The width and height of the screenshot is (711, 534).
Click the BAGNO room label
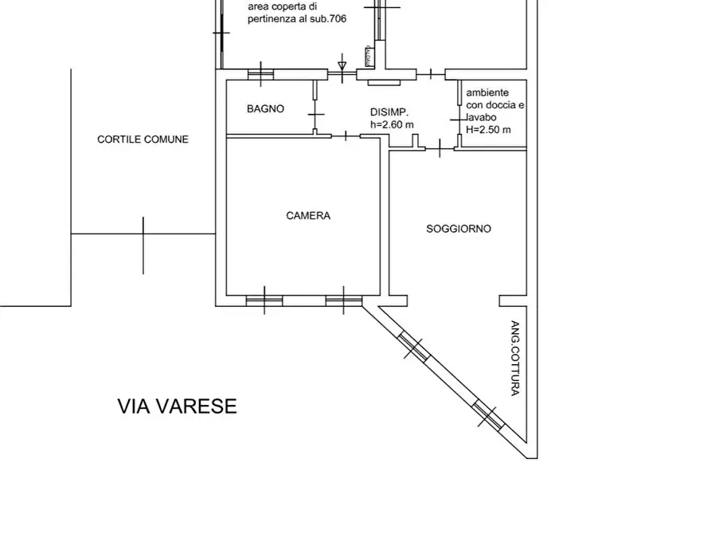click(x=265, y=109)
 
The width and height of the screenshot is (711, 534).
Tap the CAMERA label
click(x=308, y=215)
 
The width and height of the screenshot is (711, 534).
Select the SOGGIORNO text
click(x=459, y=229)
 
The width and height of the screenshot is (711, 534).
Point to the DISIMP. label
click(x=389, y=112)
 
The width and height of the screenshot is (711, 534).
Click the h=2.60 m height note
click(x=392, y=124)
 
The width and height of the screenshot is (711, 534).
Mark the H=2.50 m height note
click(x=488, y=129)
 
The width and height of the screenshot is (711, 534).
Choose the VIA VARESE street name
click(x=177, y=406)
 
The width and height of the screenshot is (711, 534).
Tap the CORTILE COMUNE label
click(x=143, y=139)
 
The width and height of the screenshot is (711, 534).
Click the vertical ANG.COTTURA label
click(x=515, y=358)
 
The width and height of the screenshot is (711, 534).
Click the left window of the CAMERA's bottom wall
click(x=264, y=300)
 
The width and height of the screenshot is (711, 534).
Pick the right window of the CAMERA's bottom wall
click(x=343, y=300)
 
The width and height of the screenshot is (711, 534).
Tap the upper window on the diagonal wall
click(x=412, y=347)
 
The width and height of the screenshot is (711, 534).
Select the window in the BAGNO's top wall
click(x=260, y=75)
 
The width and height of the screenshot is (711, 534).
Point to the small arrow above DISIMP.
click(x=342, y=65)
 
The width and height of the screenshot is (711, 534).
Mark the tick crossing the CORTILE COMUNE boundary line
click(x=143, y=234)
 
